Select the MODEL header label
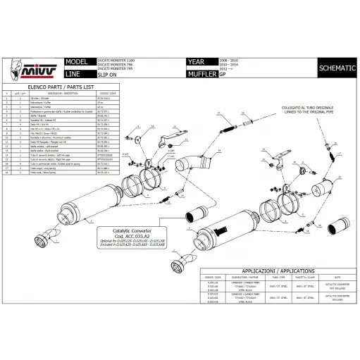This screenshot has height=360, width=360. point(75,62)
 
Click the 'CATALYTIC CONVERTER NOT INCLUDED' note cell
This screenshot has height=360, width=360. point(335,287)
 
